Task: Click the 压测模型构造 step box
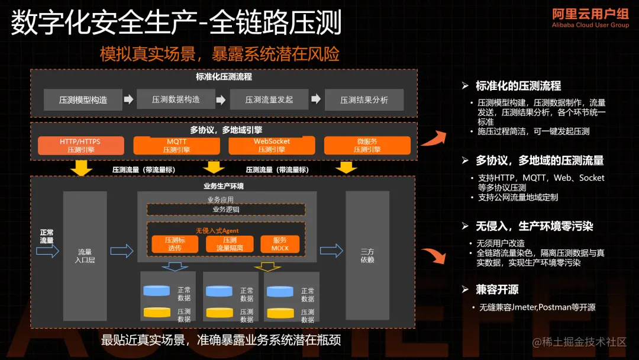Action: pos(83,99)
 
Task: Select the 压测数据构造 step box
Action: pos(176,99)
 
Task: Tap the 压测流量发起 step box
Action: pos(269,99)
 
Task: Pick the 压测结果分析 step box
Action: pos(364,99)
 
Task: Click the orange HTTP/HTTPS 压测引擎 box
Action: pos(80,146)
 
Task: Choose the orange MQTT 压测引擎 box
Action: pos(177,146)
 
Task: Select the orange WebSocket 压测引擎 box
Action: pos(272,146)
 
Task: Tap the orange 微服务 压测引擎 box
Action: pos(367,146)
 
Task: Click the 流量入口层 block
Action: pos(85,256)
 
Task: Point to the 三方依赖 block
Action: pos(367,256)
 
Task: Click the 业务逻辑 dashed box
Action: pos(225,209)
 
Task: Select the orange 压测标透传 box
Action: pos(174,244)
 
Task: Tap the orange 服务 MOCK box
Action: pos(280,244)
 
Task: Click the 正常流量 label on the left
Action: pos(46,236)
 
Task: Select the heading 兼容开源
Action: pos(497,290)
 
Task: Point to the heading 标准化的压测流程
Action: pos(518,86)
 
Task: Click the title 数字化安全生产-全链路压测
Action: pos(176,24)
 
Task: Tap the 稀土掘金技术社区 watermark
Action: pos(579,342)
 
